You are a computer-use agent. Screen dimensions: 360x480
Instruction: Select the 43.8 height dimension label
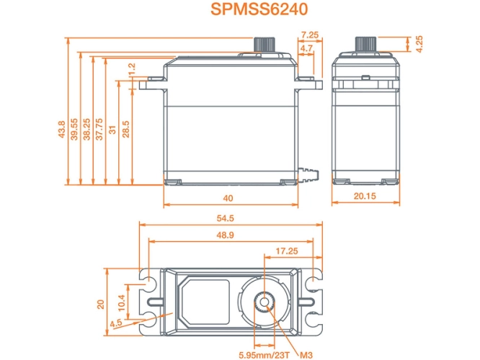pyautogui.click(x=63, y=130)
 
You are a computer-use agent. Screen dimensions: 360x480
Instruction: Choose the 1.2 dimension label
pyautogui.click(x=131, y=70)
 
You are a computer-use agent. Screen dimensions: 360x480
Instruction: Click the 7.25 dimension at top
pyautogui.click(x=309, y=35)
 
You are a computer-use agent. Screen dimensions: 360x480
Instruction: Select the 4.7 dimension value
pyautogui.click(x=306, y=48)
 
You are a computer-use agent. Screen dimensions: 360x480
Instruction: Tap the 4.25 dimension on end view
pyautogui.click(x=419, y=42)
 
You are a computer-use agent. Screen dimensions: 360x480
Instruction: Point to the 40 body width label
pyautogui.click(x=228, y=198)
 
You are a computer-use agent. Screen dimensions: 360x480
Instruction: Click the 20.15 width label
pyautogui.click(x=365, y=197)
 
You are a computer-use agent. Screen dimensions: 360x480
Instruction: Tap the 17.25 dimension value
pyautogui.click(x=287, y=251)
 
